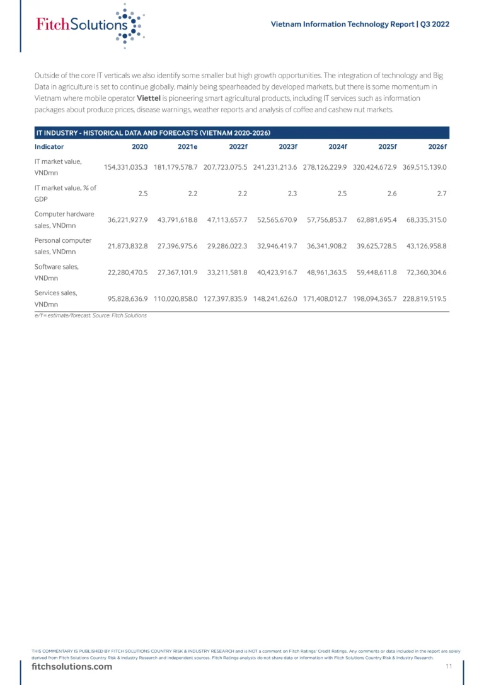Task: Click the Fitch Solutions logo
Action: (88, 25)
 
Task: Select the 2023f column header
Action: (288, 146)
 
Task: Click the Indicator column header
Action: (49, 146)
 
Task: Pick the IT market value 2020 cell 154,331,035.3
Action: (125, 167)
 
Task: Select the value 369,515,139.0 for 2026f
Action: (425, 167)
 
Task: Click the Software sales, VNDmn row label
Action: (57, 272)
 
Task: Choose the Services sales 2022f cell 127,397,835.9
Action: (225, 298)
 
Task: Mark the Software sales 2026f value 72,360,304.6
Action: (425, 272)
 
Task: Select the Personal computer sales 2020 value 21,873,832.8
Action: (125, 246)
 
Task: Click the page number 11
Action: (449, 667)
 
